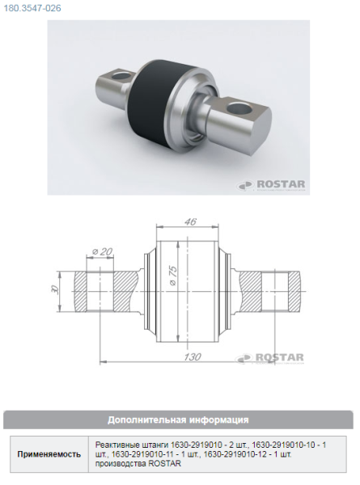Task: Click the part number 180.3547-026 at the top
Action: pyautogui.click(x=32, y=8)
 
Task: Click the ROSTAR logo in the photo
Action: pyautogui.click(x=271, y=185)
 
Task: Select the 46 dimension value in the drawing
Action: pyautogui.click(x=190, y=221)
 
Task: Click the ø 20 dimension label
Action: pyautogui.click(x=102, y=252)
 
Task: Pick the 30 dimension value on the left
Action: pyautogui.click(x=55, y=290)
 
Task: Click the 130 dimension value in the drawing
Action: pyautogui.click(x=193, y=356)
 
